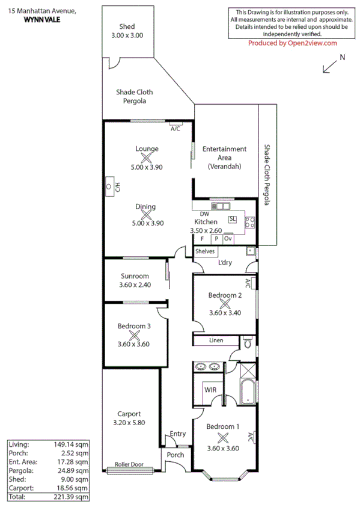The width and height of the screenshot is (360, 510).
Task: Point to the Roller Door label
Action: pos(129,464)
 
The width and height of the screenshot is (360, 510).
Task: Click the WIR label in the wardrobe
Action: pos(210,390)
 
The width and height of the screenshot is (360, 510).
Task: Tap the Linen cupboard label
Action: pos(216,340)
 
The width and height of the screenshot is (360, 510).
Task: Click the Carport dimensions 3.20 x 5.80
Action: pos(129,422)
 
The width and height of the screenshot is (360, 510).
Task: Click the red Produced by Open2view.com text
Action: pos(293,43)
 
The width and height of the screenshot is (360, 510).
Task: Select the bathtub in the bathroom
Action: pos(248,392)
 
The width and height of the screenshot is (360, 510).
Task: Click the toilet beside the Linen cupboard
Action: pos(248,344)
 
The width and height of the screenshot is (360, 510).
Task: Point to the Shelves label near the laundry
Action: pos(205,251)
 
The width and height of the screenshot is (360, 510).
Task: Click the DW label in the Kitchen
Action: pos(204,214)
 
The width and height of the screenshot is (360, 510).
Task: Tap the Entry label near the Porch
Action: pos(178,434)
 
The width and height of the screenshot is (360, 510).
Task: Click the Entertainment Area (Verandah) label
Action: pos(224,157)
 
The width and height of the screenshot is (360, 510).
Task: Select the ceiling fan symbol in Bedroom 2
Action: pos(225,304)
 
